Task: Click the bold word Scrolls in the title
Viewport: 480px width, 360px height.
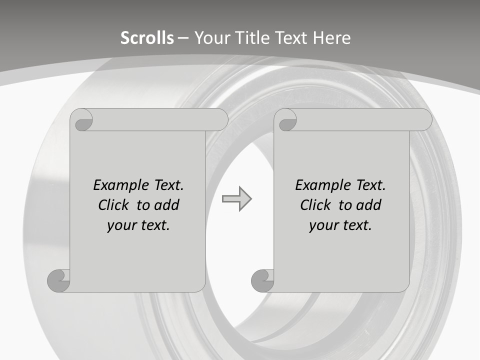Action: point(147,38)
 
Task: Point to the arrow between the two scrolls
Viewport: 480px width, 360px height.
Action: point(236,199)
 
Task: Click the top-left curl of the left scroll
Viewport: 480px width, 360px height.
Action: point(82,120)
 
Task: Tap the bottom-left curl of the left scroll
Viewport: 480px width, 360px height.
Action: point(58,280)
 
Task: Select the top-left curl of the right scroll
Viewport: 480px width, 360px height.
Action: point(286,120)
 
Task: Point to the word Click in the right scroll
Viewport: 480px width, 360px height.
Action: point(315,205)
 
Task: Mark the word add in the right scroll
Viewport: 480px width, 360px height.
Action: point(368,205)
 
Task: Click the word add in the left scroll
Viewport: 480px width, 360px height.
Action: point(166,205)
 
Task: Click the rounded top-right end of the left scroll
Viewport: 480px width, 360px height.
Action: point(220,119)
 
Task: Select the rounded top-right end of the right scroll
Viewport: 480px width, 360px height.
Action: point(424,119)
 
